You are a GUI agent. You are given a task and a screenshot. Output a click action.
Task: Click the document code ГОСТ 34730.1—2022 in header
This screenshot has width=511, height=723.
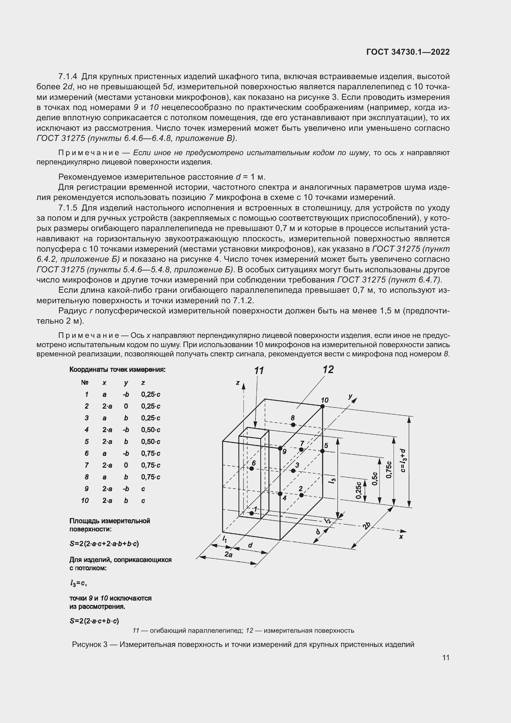tap(408, 52)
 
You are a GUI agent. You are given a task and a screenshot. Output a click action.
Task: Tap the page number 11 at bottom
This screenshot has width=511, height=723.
tap(446, 657)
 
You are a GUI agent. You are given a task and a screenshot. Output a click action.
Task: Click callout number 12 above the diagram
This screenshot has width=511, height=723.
tap(328, 369)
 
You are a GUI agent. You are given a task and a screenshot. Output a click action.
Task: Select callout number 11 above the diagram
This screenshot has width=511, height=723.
tap(259, 371)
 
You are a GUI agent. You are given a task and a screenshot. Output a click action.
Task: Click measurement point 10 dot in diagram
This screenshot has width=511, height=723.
tap(323, 406)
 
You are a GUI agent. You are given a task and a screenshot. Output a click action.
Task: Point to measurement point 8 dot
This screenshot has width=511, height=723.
tap(293, 425)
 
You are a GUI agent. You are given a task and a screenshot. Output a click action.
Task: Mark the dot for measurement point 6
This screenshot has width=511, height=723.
tap(252, 469)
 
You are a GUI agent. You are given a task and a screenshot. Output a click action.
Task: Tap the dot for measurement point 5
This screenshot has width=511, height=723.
tap(323, 451)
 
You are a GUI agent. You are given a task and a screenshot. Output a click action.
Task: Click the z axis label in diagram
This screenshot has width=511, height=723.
tap(238, 383)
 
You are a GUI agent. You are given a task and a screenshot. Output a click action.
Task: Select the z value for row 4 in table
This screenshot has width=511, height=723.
tap(151, 430)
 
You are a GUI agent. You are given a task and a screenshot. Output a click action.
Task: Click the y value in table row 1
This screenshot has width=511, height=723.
tap(126, 394)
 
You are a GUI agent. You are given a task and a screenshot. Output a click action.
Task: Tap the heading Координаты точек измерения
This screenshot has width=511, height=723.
tap(117, 369)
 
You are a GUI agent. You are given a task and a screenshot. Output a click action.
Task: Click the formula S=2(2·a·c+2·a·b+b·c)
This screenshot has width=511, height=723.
tap(104, 543)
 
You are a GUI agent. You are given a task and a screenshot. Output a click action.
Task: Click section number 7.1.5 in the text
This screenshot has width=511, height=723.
tap(68, 208)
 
